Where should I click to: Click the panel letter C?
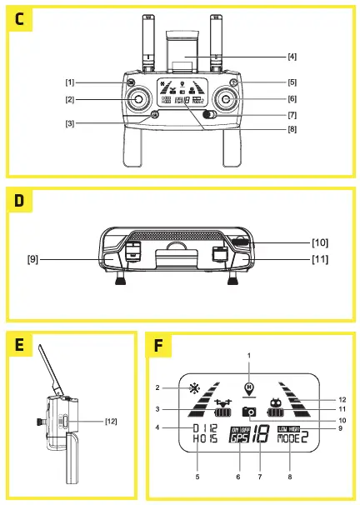pyautogui.click(x=18, y=19)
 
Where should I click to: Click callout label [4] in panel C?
pyautogui.click(x=292, y=57)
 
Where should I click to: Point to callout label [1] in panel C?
pyautogui.click(x=70, y=83)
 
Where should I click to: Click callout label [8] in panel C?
pyautogui.click(x=292, y=129)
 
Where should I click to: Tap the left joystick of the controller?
pyautogui.click(x=137, y=99)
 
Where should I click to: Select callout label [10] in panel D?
pyautogui.click(x=320, y=242)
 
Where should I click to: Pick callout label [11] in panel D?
pyautogui.click(x=320, y=259)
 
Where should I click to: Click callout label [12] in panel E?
pyautogui.click(x=110, y=422)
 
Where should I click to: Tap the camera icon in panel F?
pyautogui.click(x=248, y=412)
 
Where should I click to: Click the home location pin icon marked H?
pyautogui.click(x=247, y=387)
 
